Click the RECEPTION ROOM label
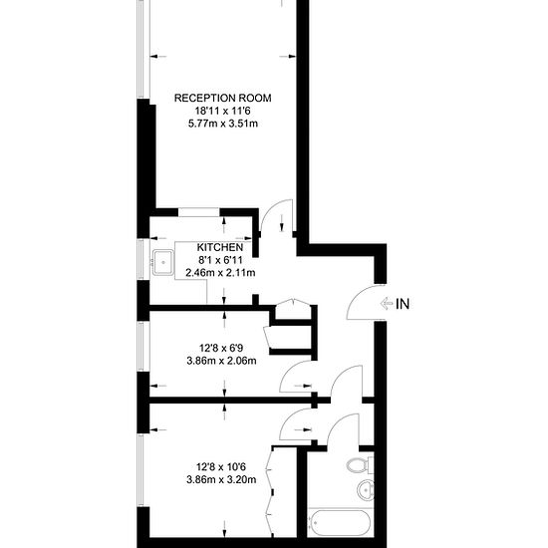[x=223, y=98]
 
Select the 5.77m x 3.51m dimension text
[x=223, y=124]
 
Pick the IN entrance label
[x=404, y=304]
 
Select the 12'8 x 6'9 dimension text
[x=222, y=348]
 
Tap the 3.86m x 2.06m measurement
[x=221, y=361]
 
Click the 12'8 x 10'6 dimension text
[x=222, y=466]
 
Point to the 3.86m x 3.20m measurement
[x=221, y=480]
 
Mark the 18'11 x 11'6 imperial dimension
[x=223, y=111]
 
